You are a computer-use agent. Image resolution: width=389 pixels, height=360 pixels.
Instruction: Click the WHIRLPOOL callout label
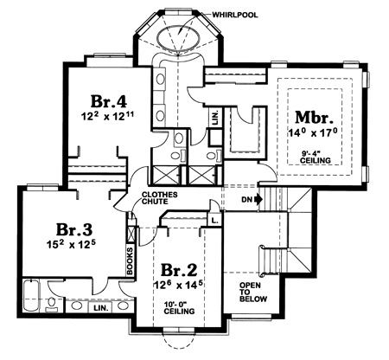pyautogui.click(x=235, y=15)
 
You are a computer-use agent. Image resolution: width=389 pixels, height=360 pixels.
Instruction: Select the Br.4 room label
pyautogui.click(x=109, y=101)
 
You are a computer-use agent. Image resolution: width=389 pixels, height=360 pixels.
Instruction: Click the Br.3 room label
pyautogui.click(x=74, y=229)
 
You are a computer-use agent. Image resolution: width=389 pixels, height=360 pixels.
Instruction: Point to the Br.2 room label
pyautogui.click(x=179, y=270)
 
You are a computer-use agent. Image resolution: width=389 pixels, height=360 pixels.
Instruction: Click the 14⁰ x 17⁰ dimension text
pyautogui.click(x=313, y=132)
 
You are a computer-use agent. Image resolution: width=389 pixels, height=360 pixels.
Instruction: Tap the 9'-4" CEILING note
pyautogui.click(x=316, y=157)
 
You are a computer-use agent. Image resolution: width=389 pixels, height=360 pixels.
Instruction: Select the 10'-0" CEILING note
pyautogui.click(x=179, y=308)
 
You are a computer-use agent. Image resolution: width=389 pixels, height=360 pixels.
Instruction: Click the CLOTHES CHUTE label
pyautogui.click(x=159, y=198)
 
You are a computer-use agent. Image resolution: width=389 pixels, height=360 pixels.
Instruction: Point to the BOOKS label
pyautogui.click(x=130, y=260)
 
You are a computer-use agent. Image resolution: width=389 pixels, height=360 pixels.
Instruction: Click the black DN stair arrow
pyautogui.click(x=258, y=199)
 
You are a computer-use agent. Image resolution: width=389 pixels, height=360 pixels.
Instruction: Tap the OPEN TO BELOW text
pyautogui.click(x=253, y=292)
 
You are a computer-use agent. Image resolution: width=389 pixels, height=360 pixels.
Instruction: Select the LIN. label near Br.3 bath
pyautogui.click(x=101, y=308)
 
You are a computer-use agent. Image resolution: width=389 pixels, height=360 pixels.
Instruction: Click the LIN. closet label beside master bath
pyautogui.click(x=216, y=117)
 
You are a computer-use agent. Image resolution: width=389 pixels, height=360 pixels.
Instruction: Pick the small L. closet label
pyautogui.click(x=214, y=221)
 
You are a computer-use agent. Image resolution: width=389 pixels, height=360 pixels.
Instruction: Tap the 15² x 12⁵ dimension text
pyautogui.click(x=71, y=245)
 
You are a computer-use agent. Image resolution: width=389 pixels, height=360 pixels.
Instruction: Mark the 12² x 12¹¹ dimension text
pyautogui.click(x=108, y=116)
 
